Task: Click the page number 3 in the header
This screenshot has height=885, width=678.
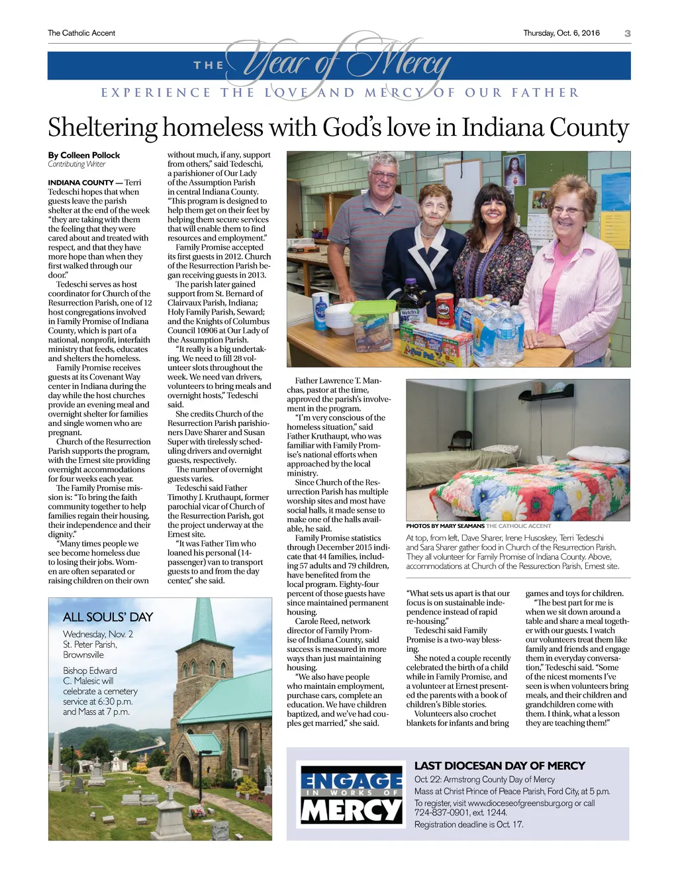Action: pos(627,33)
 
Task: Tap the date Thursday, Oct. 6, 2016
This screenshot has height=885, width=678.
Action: pos(561,33)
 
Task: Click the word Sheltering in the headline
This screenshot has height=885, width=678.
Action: pos(103,128)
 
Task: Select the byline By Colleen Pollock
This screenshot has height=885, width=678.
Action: pos(84,155)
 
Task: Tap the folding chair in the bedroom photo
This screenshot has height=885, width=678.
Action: pos(461,443)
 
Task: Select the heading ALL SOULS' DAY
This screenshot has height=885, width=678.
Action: pos(108,617)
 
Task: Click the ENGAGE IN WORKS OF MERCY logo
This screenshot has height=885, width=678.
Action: pos(351,794)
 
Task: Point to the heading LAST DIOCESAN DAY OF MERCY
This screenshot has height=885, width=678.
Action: pos(500,766)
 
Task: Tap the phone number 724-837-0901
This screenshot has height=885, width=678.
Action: pos(439,813)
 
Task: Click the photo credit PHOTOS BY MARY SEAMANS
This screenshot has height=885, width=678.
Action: pos(445,526)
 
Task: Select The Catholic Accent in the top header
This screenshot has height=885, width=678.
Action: pos(81,33)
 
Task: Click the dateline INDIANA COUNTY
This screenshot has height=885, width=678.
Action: pos(81,183)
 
